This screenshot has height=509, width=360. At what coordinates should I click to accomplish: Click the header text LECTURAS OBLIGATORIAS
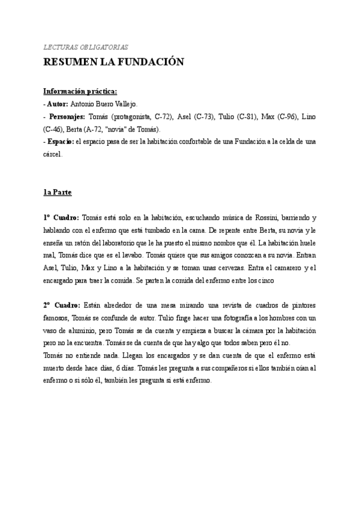(x=85, y=47)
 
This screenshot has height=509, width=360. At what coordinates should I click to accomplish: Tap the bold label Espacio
(x=63, y=142)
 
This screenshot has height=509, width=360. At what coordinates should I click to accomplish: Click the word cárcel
(x=52, y=154)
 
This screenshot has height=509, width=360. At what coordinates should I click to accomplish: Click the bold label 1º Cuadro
(x=61, y=217)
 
